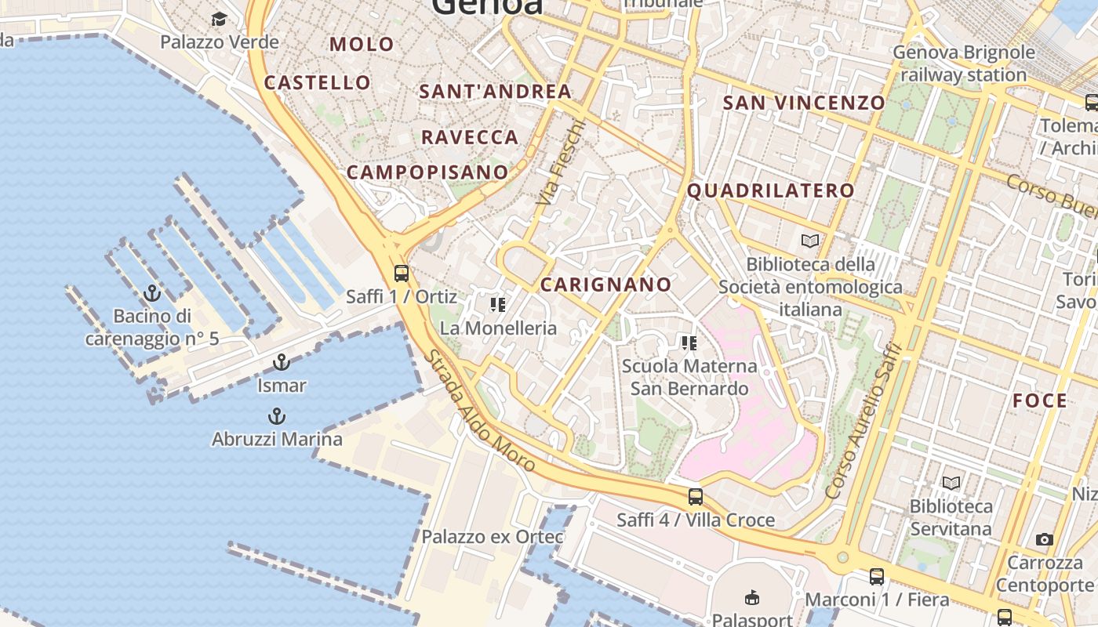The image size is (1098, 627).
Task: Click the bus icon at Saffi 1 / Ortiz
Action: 402,274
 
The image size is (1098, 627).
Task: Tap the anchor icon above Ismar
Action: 281,362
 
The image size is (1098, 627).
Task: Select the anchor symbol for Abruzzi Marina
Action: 276,416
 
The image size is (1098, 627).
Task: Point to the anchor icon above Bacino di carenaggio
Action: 152,294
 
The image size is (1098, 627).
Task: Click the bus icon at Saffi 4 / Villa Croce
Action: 695,496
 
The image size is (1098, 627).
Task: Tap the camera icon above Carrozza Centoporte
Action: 1045,539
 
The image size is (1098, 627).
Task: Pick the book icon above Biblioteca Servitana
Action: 951,484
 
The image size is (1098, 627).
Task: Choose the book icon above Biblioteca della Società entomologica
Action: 809,241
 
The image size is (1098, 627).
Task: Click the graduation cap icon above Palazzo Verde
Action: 219,19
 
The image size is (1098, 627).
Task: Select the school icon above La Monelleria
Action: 497,304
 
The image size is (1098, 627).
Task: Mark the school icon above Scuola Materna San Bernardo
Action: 689,342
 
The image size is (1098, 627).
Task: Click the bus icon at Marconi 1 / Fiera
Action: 877,577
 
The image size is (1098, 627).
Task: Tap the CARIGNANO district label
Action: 605,285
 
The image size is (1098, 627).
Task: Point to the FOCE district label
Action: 1040,401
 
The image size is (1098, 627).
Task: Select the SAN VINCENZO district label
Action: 803,103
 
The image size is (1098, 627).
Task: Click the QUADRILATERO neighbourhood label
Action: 770,190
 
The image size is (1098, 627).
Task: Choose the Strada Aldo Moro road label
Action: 480,411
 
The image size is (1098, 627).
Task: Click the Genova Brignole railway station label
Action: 964,63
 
